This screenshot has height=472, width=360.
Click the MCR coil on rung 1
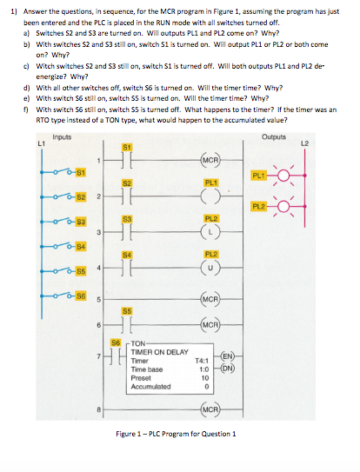click(210, 161)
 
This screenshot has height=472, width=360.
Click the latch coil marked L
click(210, 232)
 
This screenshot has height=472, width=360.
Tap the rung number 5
click(99, 302)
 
